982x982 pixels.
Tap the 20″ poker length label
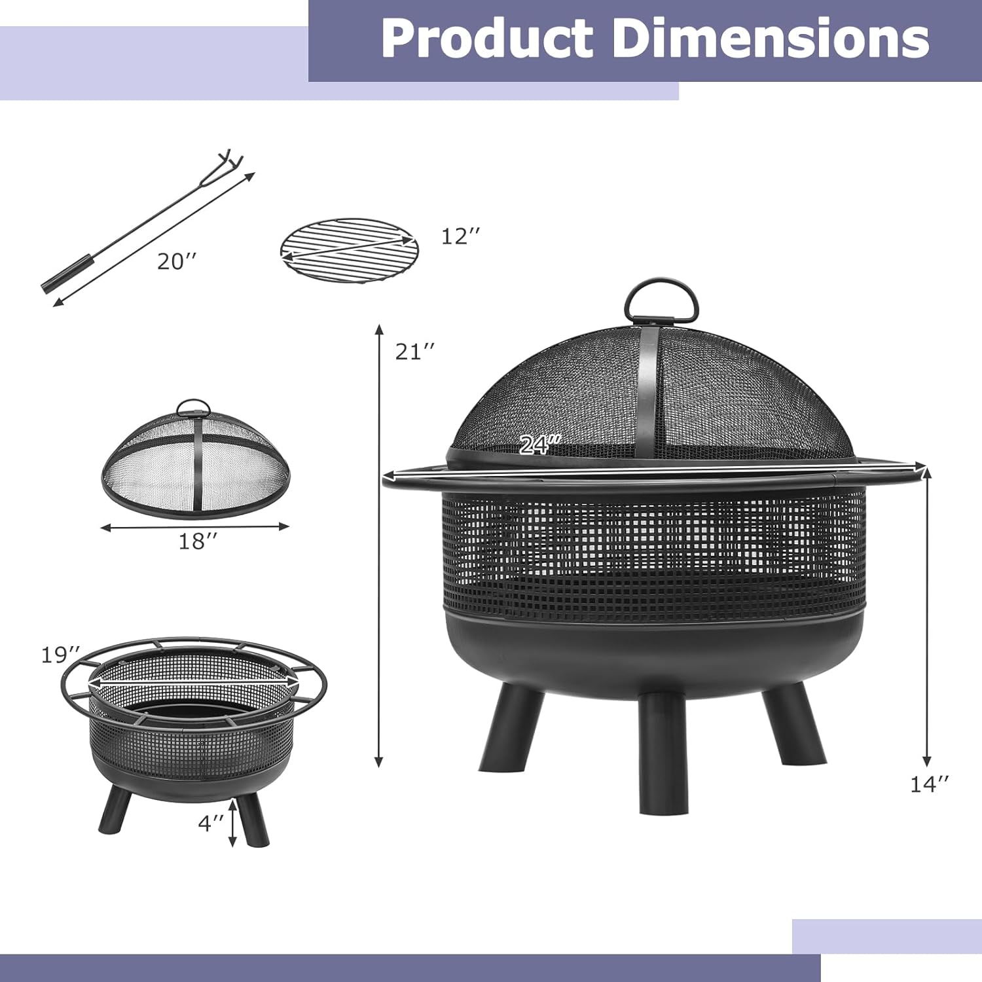pos(176,262)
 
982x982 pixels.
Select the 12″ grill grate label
pos(460,236)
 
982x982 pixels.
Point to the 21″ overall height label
pos(414,352)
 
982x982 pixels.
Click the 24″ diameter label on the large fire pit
pos(539,445)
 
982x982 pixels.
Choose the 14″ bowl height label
pos(929,784)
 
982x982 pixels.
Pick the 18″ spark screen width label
pos(198,541)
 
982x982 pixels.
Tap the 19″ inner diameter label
pos(60,655)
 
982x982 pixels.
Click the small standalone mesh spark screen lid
pos(194,462)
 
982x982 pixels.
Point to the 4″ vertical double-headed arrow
pos(232,823)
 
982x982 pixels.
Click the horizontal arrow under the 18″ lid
pos(194,526)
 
